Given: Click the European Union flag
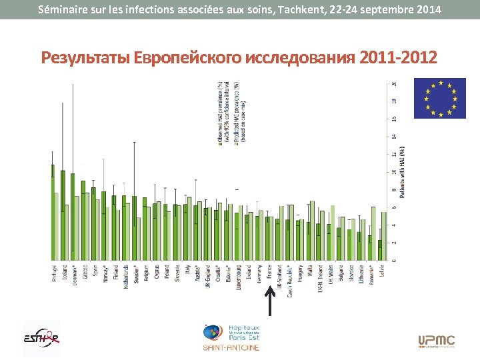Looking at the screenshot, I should point(439,98).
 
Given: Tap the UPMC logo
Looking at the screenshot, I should point(436,341).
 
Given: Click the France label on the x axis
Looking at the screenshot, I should point(269,271).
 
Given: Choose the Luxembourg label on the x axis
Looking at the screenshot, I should point(239,276).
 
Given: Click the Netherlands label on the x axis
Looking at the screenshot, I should point(125,276).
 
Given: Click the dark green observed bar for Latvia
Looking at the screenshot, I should point(379,250).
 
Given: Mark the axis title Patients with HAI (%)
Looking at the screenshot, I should point(402,173).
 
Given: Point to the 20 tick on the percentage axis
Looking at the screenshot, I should point(393,84).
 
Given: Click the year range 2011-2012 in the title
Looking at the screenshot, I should point(399,58).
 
